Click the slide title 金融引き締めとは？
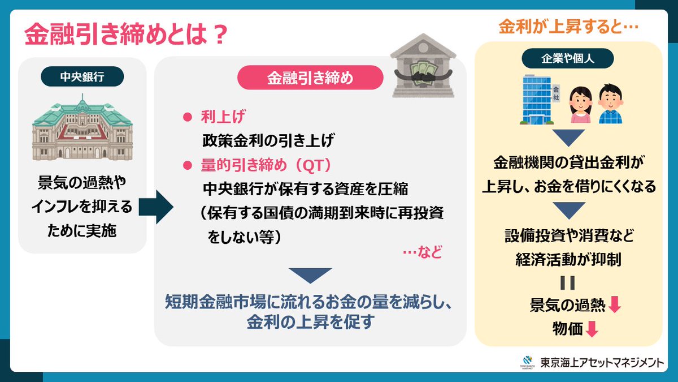tap(126, 36)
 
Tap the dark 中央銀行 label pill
tap(82, 76)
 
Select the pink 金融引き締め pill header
tap(310, 79)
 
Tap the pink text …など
tap(423, 253)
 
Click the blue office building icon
tap(539, 101)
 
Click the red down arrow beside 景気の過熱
tap(615, 306)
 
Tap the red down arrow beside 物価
tap(592, 329)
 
